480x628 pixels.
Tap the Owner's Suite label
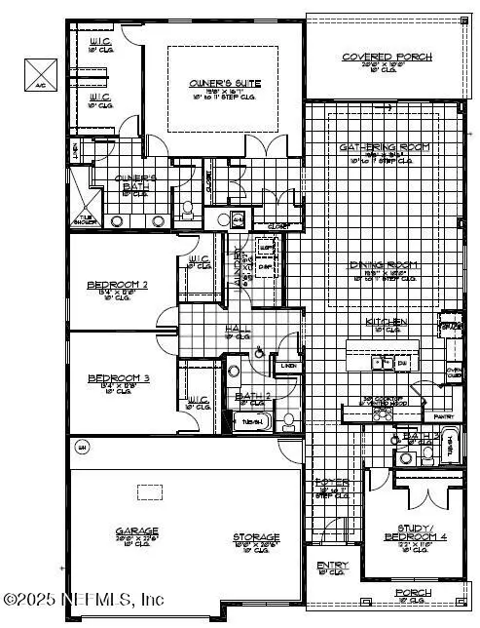[x=216, y=85]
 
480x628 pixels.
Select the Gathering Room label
[x=386, y=147]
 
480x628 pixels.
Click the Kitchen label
[x=387, y=322]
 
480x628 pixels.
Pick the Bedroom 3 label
[x=117, y=378]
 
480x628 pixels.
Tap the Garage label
[x=136, y=532]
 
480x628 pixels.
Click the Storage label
[x=256, y=537]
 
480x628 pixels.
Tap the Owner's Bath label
[x=136, y=179]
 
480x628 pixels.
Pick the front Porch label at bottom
[x=412, y=592]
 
